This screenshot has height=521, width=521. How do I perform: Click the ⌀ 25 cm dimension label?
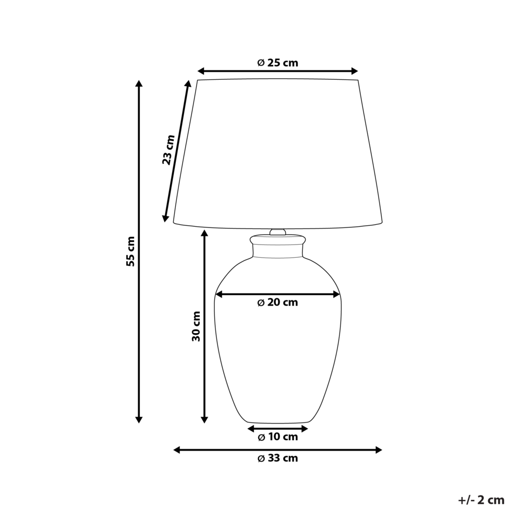pos(277,63)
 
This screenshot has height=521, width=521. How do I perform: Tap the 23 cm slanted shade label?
pos(167,150)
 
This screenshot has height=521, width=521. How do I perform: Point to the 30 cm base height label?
pos(196,326)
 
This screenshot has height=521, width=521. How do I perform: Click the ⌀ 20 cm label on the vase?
pos(278,302)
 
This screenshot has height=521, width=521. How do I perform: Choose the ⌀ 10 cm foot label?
pos(278,437)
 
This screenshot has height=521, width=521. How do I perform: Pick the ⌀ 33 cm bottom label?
pos(278,458)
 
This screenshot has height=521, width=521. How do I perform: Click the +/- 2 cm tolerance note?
pos(481,500)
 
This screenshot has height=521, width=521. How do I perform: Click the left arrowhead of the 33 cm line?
pos(177,450)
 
